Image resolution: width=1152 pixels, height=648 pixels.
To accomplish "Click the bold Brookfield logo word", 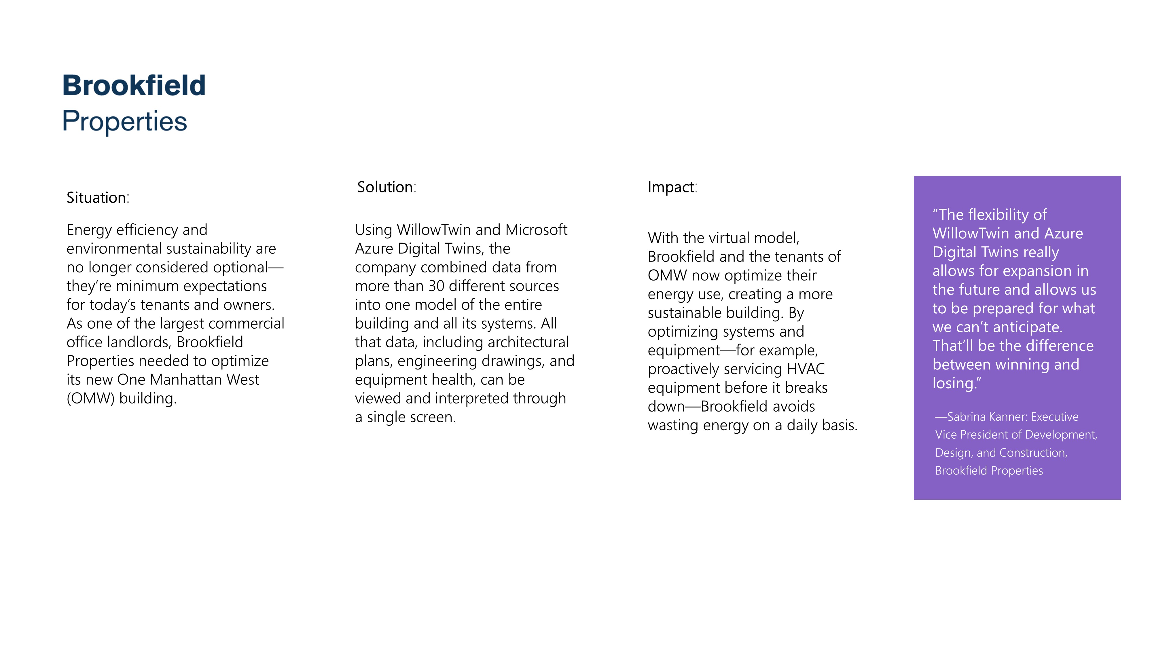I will click(134, 86).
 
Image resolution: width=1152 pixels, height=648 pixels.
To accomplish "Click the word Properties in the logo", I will click(124, 121).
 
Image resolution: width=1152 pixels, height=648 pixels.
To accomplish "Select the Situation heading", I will click(96, 198).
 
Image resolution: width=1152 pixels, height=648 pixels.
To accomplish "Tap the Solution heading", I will click(384, 187).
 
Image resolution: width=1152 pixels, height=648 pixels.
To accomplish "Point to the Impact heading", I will click(671, 187).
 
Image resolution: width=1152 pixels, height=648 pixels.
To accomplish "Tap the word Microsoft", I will click(536, 230).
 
